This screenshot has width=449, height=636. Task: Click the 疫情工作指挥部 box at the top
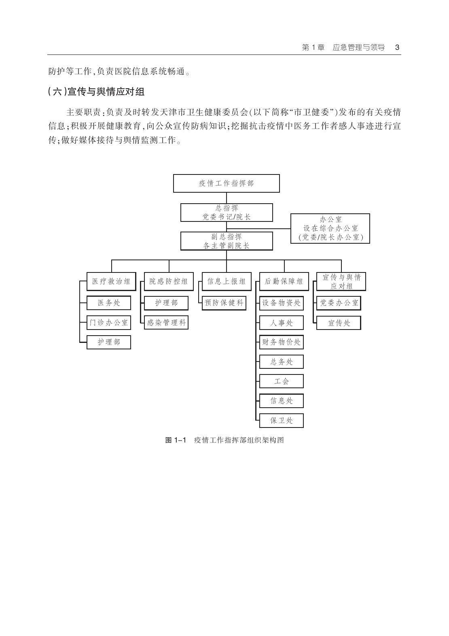click(x=226, y=183)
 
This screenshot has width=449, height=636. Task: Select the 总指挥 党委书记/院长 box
click(x=226, y=213)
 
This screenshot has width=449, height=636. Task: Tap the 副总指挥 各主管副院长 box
click(x=226, y=241)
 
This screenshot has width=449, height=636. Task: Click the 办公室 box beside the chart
click(x=330, y=228)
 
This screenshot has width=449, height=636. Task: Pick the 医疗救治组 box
click(x=111, y=281)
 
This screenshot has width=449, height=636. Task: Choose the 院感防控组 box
click(x=168, y=281)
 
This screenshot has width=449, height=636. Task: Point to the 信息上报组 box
click(x=226, y=281)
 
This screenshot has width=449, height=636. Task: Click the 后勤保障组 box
click(x=284, y=281)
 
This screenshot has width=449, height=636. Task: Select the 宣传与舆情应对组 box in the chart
click(x=341, y=281)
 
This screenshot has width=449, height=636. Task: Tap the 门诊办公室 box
click(x=109, y=323)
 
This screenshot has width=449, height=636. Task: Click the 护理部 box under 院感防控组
click(x=166, y=303)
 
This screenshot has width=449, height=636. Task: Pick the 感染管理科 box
click(x=166, y=323)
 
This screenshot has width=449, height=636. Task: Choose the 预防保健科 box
click(x=224, y=303)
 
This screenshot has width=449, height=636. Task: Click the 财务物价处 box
click(x=281, y=342)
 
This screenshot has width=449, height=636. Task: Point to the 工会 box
click(x=281, y=381)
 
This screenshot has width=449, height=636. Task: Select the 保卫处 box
click(x=281, y=421)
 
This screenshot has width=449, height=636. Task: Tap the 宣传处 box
click(x=339, y=323)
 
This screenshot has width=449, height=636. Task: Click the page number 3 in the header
click(x=397, y=47)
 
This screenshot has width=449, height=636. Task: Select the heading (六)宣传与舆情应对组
click(x=96, y=91)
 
